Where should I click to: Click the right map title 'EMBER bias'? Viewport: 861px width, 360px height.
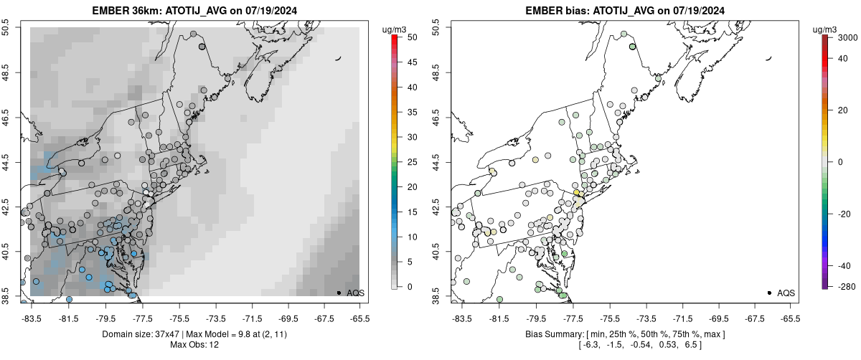[557, 11]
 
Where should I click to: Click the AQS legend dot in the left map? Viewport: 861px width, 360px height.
[338, 293]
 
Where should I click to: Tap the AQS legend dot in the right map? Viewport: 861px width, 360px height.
[768, 293]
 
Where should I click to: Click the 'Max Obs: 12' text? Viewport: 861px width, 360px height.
[194, 345]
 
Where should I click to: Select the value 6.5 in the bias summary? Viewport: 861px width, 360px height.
[691, 345]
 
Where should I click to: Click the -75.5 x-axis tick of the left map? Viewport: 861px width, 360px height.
[179, 318]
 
